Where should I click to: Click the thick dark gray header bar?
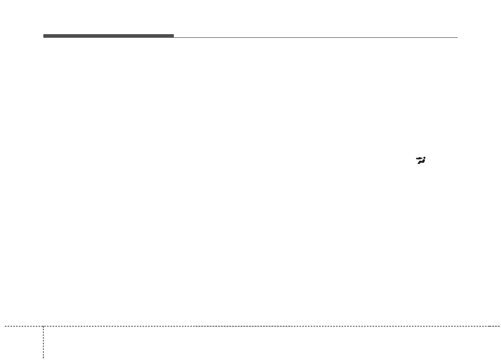(x=108, y=36)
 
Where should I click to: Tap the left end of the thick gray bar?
(x=44, y=36)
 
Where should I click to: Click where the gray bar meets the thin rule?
(x=174, y=37)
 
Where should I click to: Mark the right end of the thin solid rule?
(x=457, y=37)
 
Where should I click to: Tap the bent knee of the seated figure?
(x=420, y=161)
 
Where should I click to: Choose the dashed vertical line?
(x=43, y=342)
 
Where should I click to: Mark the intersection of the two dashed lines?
(x=43, y=326)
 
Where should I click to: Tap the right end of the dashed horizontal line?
(x=500, y=326)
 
